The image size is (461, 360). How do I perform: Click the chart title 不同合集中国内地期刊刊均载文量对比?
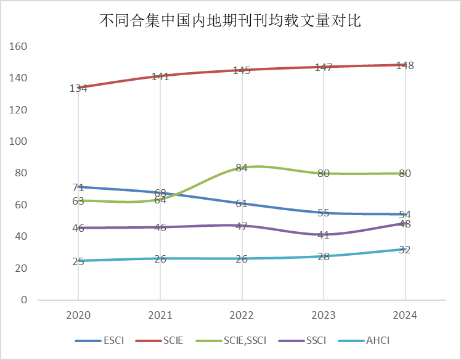(x=230, y=20)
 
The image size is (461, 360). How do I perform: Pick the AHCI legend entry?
(x=377, y=340)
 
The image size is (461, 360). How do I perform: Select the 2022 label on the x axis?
(x=242, y=315)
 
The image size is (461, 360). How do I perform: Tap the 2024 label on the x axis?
(x=405, y=315)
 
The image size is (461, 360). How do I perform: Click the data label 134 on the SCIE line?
(x=78, y=88)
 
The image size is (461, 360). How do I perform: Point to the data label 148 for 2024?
(x=405, y=65)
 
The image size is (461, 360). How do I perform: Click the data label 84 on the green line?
(x=242, y=167)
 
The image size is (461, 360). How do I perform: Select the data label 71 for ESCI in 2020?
(x=78, y=187)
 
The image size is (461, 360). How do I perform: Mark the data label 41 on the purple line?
(x=324, y=235)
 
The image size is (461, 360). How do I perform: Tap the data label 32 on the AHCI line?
(x=405, y=250)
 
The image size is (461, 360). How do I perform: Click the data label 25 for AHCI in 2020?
(x=78, y=261)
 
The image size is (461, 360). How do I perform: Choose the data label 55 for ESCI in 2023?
(x=324, y=213)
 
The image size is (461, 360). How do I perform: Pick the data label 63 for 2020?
(x=78, y=200)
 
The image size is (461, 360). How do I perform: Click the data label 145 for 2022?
(x=242, y=70)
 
